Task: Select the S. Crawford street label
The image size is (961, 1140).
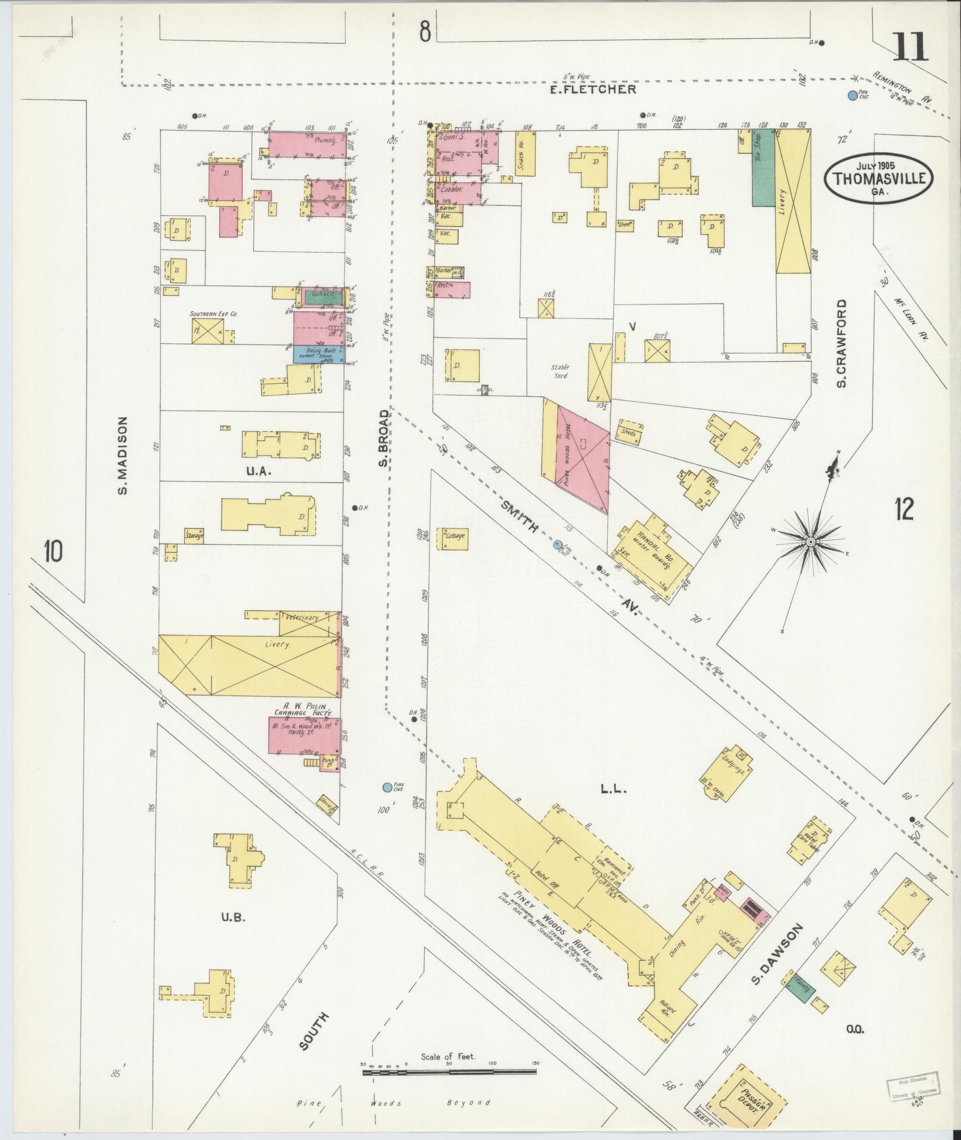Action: click(x=841, y=343)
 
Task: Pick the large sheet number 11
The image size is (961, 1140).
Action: click(x=910, y=48)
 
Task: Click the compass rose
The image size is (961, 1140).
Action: click(x=810, y=541)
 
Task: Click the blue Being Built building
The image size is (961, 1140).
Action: click(x=318, y=354)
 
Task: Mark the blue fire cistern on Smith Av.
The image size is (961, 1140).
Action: click(x=558, y=543)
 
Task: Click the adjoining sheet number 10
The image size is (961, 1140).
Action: click(x=52, y=552)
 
